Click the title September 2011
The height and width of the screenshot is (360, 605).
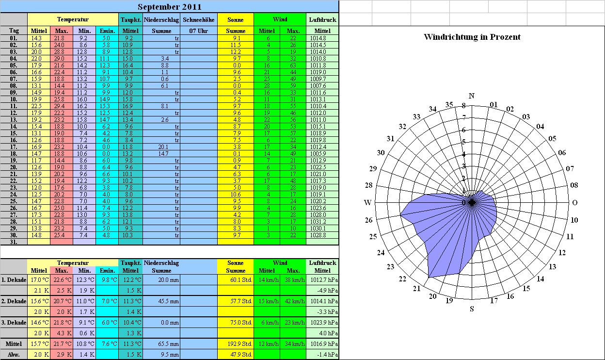170,7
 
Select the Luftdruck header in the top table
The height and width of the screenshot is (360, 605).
322,20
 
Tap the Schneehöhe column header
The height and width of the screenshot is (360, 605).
199,20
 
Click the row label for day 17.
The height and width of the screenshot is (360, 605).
14,147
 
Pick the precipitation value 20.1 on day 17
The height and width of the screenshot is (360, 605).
163,147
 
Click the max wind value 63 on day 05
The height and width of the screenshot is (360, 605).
293,65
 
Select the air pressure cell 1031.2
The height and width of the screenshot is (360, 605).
318,222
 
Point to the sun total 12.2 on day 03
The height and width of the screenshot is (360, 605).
236,51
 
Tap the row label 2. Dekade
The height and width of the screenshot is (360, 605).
14,301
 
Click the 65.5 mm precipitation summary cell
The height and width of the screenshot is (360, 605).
169,344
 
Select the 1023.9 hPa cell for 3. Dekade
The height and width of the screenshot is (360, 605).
324,323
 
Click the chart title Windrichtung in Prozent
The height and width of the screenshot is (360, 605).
472,37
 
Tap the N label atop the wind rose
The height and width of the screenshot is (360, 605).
472,96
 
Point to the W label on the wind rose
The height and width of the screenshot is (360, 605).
368,202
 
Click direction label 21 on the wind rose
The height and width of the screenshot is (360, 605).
417,289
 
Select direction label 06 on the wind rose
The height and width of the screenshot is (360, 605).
562,153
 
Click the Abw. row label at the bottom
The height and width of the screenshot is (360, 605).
14,355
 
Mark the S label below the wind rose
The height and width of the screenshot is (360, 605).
472,309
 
